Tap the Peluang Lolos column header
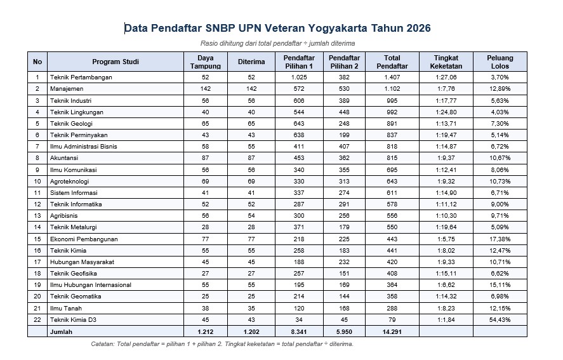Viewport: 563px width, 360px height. [500, 62]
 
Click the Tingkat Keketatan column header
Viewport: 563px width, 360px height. [446, 62]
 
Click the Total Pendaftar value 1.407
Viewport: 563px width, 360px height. [392, 77]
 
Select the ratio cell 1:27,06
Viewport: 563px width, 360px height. [446, 77]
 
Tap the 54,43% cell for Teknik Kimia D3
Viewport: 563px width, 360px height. [500, 319]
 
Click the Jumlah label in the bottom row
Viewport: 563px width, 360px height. [62, 331]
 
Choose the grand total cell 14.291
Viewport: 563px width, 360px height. [392, 331]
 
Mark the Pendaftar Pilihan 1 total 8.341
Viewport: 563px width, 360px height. [298, 331]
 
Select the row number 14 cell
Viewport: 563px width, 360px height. [37, 227]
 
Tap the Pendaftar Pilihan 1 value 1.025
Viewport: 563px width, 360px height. [298, 77]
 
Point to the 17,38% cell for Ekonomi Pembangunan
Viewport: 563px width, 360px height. [500, 239]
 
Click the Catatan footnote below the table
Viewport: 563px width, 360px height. [222, 344]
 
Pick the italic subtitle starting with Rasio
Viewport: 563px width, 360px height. [277, 43]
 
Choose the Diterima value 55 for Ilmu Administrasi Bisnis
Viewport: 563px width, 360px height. [251, 147]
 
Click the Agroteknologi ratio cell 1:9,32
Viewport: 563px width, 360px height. [446, 181]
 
